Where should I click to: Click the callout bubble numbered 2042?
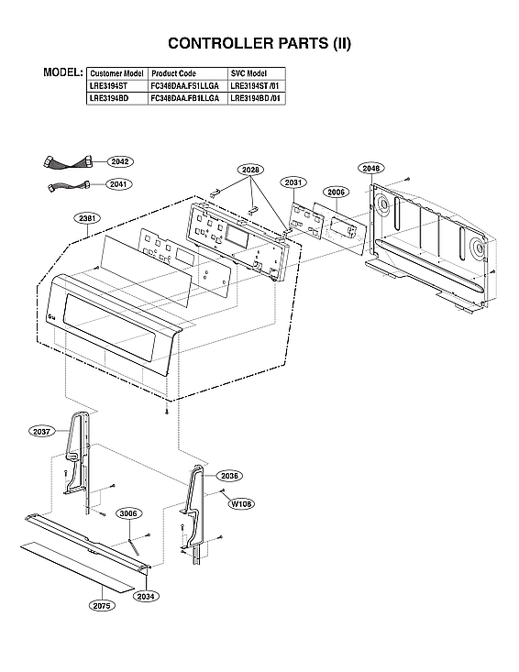pyautogui.click(x=119, y=161)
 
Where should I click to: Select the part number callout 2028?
pyautogui.click(x=250, y=170)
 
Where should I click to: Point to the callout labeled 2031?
pyautogui.click(x=293, y=183)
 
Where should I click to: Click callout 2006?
pyautogui.click(x=336, y=193)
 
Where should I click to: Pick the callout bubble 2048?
pyautogui.click(x=371, y=169)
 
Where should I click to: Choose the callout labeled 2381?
pyautogui.click(x=89, y=218)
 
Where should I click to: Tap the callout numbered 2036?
pyautogui.click(x=230, y=476)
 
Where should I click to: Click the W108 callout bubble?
pyautogui.click(x=241, y=503)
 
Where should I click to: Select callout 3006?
pyautogui.click(x=128, y=513)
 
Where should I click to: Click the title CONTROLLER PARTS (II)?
pyautogui.click(x=259, y=43)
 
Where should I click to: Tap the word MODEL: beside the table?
pyautogui.click(x=63, y=72)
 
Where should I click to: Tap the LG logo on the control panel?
pyautogui.click(x=49, y=316)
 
